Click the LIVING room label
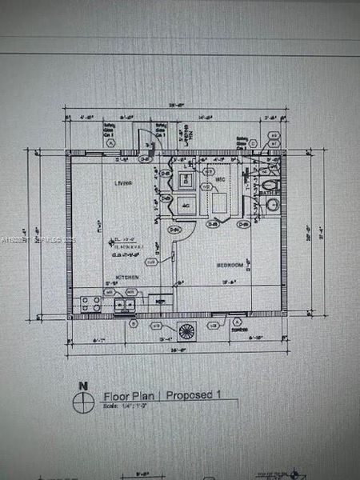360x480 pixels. pos(122,183)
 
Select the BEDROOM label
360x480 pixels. pos(231,263)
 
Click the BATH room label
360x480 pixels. pos(270,191)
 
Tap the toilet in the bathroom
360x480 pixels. pos(270,182)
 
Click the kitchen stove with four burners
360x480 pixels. pos(90,303)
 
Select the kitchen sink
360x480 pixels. pos(125,304)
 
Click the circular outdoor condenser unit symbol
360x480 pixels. pos(186,331)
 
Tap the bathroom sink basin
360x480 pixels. pos(272,205)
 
